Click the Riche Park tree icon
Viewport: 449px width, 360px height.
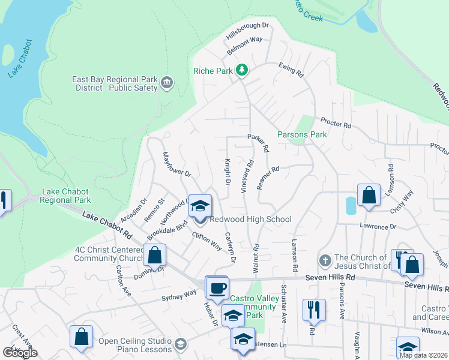242,70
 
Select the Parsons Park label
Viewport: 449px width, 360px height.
302,134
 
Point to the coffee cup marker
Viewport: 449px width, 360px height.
217,288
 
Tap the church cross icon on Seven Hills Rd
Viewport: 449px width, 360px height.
325,261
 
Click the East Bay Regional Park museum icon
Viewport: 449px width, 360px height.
167,83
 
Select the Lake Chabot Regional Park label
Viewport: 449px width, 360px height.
66,196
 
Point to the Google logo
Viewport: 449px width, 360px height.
20,353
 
